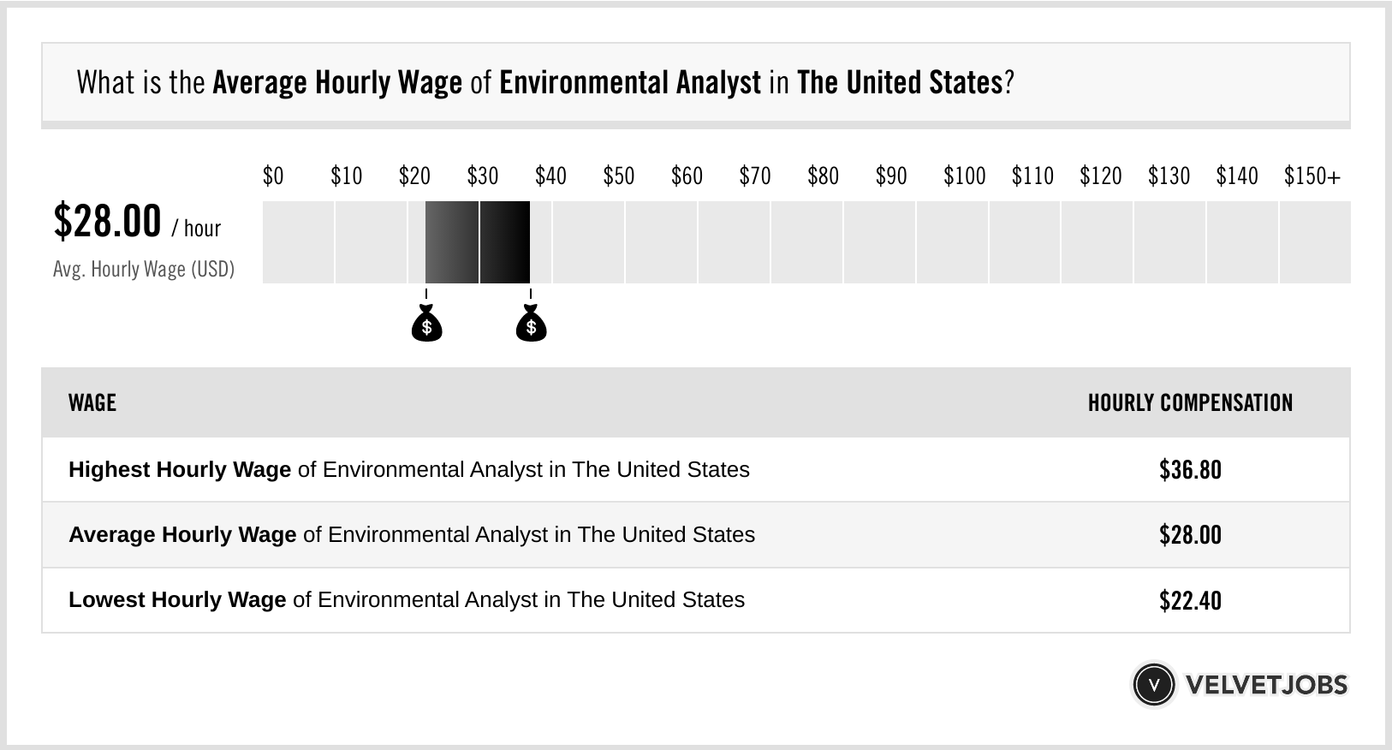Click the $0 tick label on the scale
coord(273,176)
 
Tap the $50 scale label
coord(618,176)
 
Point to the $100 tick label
coord(964,176)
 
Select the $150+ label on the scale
coord(1312,176)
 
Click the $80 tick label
coord(823,176)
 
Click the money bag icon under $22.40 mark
coord(426,324)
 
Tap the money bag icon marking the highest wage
coord(531,324)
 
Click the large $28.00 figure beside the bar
coord(107,221)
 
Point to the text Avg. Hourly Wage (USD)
coord(144,269)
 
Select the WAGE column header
coord(92,402)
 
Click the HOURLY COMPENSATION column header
coord(1190,402)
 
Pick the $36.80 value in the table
coord(1190,470)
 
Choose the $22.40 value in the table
coord(1190,600)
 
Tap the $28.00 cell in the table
coord(1190,535)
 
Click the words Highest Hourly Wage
coord(180,470)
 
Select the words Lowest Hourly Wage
coord(177,600)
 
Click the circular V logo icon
coord(1153,685)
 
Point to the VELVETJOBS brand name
coord(1266,685)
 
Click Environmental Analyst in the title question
coord(629,83)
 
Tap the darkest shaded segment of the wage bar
coord(505,242)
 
